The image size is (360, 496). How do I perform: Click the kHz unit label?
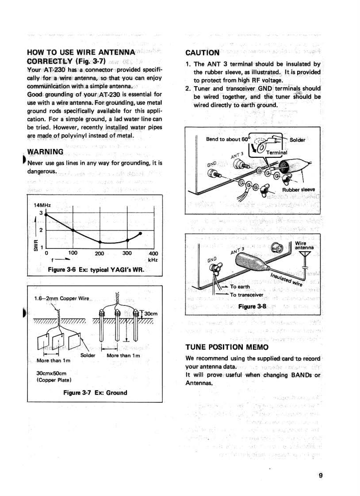pos(153,260)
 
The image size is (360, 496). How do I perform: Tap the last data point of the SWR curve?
pos(140,233)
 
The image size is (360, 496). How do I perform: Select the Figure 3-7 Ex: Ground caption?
pos(96,392)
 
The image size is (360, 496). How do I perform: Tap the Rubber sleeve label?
pos(299,190)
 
